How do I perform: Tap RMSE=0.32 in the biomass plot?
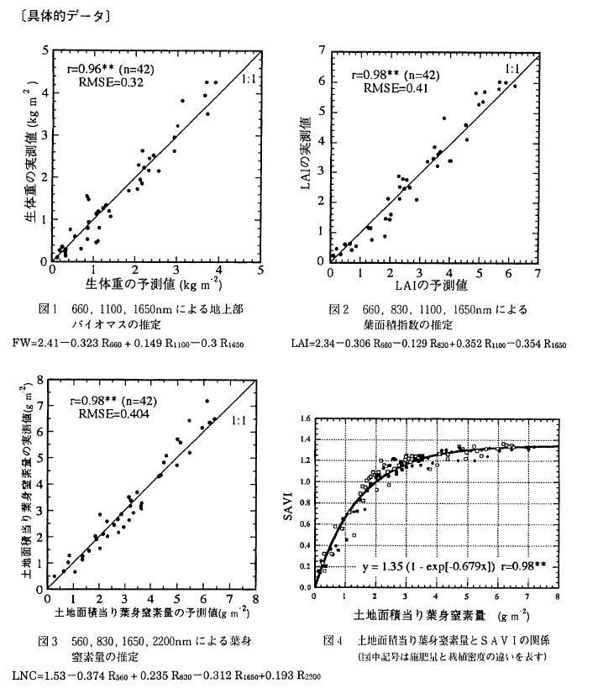pyautogui.click(x=105, y=83)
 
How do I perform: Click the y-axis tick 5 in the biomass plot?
pyautogui.click(x=43, y=51)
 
